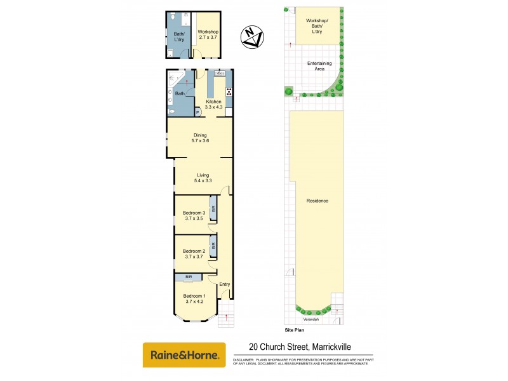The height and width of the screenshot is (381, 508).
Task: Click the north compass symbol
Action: pos(252,37)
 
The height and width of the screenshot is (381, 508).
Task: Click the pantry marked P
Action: pos(197,112)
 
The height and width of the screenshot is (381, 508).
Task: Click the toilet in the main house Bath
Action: pos(171,110)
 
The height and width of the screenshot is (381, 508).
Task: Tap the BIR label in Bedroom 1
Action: pos(189,277)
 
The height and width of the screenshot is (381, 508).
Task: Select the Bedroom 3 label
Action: pos(194,213)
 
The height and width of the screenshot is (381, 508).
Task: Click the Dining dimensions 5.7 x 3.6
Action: pos(200,141)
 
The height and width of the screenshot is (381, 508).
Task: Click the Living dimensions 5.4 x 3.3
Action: pos(203,182)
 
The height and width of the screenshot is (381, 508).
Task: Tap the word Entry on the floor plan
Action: pos(224,284)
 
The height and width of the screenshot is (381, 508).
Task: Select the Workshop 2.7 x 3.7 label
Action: pos(208,35)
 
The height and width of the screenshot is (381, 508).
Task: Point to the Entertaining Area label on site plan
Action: pos(319,66)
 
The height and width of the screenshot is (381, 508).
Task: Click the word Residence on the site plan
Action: pos(317,201)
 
